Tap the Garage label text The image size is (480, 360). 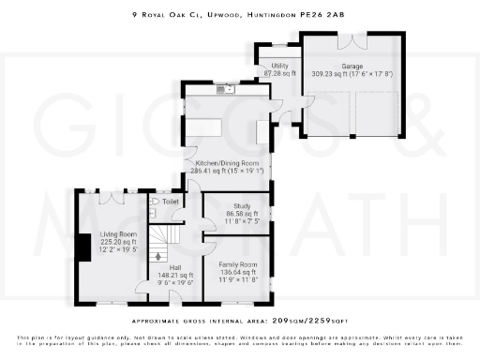[x=352, y=66]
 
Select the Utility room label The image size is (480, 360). [x=279, y=66]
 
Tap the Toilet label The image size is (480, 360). [x=170, y=202]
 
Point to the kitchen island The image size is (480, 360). [x=207, y=126]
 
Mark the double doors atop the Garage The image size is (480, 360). [x=352, y=43]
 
